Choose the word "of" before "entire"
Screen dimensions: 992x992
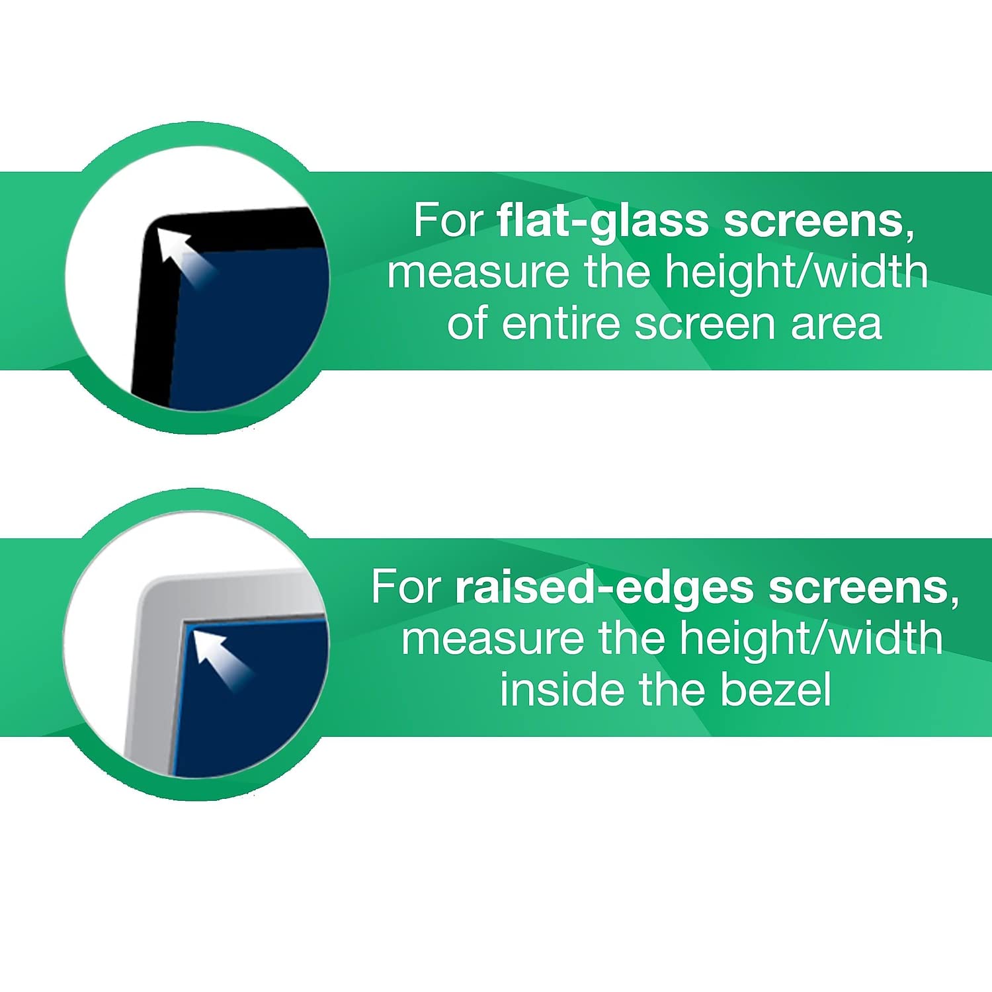click(x=467, y=324)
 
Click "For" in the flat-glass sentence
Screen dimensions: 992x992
click(x=449, y=220)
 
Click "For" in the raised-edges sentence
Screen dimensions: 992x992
click(x=406, y=587)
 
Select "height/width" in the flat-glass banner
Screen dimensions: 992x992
click(x=796, y=272)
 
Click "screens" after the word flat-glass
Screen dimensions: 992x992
click(x=813, y=220)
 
